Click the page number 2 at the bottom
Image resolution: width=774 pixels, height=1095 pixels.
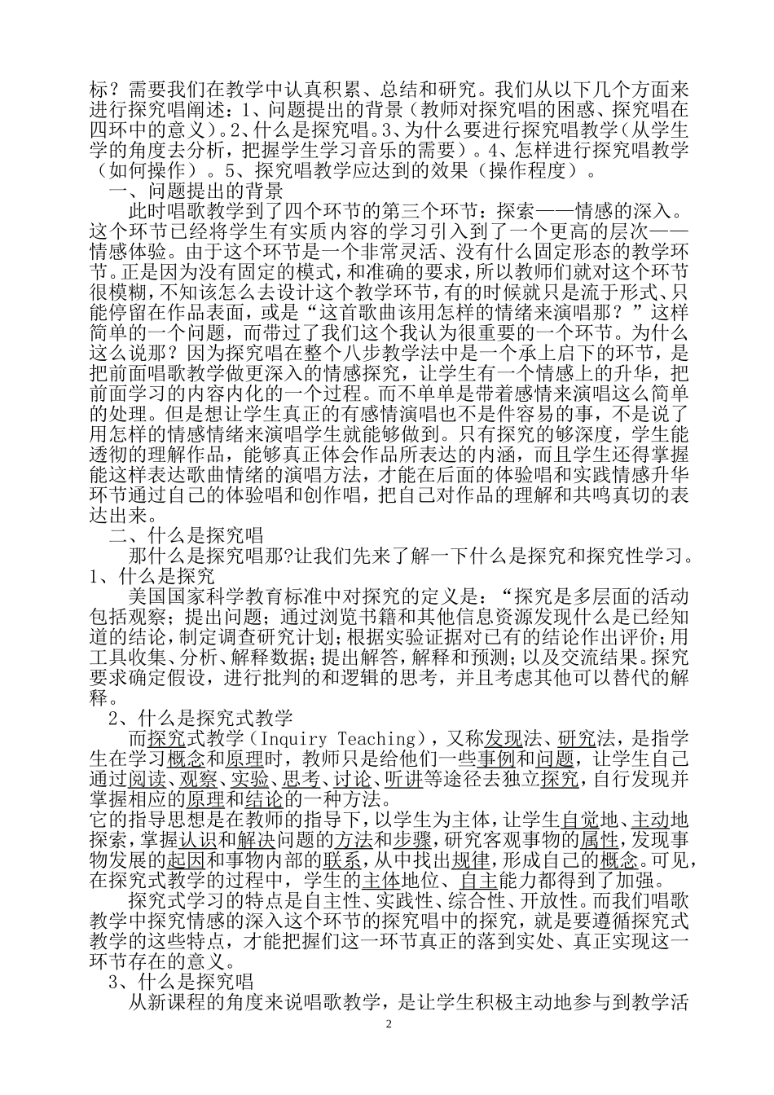click(388, 1024)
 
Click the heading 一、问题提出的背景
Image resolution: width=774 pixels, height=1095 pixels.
click(196, 191)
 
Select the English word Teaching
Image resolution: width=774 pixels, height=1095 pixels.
click(380, 739)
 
